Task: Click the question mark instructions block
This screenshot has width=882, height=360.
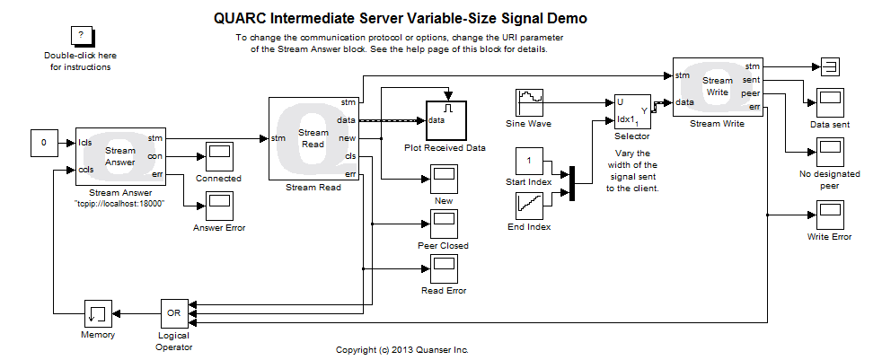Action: tap(81, 36)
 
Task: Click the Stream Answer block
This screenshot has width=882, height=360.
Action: tap(120, 155)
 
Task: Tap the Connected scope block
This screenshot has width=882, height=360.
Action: tap(219, 156)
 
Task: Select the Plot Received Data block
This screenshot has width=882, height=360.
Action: tap(445, 119)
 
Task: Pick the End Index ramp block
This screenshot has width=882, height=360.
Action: tap(529, 206)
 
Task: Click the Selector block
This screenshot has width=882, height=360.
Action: tap(631, 111)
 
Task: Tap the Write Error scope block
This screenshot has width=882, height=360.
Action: tap(830, 215)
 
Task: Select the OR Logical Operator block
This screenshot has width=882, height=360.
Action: tap(174, 313)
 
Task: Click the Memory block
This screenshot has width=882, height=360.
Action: tap(98, 313)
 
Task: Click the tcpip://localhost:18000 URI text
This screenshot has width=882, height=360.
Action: tap(119, 204)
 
